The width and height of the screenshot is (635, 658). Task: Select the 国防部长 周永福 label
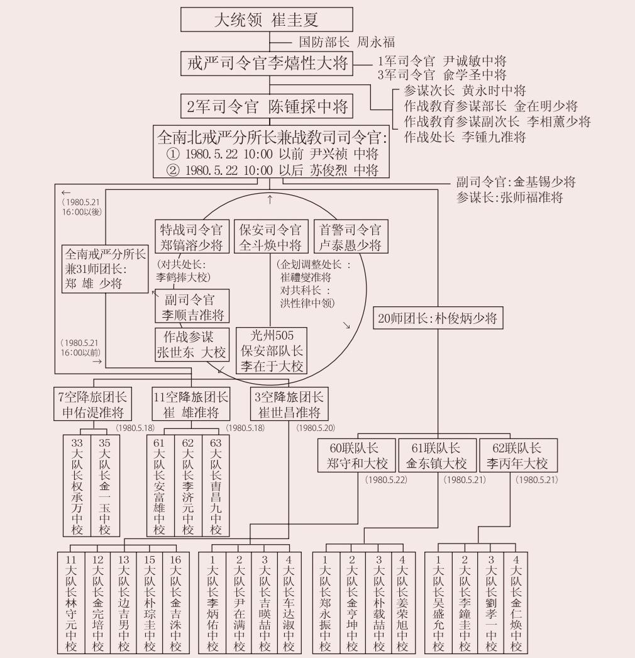point(346,43)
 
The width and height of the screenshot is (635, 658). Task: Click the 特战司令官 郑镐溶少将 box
point(191,237)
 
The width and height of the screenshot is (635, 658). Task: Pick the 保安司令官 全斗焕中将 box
point(269,237)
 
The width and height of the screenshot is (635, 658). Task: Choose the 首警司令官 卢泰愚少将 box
point(350,237)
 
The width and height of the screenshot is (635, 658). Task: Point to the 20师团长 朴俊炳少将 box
point(437,318)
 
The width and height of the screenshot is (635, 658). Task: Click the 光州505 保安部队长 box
point(272,350)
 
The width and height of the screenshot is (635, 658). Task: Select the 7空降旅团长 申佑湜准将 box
point(92,404)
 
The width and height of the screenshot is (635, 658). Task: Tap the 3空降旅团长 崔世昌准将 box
point(289,404)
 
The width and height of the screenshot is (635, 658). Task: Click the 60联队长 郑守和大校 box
point(357,456)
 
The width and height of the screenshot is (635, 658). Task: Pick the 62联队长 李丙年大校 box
point(517,456)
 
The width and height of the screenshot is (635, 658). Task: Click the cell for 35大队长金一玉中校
point(104,486)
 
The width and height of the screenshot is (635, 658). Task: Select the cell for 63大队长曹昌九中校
point(216,486)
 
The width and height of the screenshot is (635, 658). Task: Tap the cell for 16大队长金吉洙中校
point(175,603)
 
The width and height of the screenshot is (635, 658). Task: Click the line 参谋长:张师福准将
point(509,198)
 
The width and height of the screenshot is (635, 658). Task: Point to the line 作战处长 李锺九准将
point(465,137)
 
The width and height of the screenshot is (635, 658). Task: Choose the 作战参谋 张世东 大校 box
point(191,345)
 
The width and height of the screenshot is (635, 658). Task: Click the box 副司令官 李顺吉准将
point(193,307)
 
